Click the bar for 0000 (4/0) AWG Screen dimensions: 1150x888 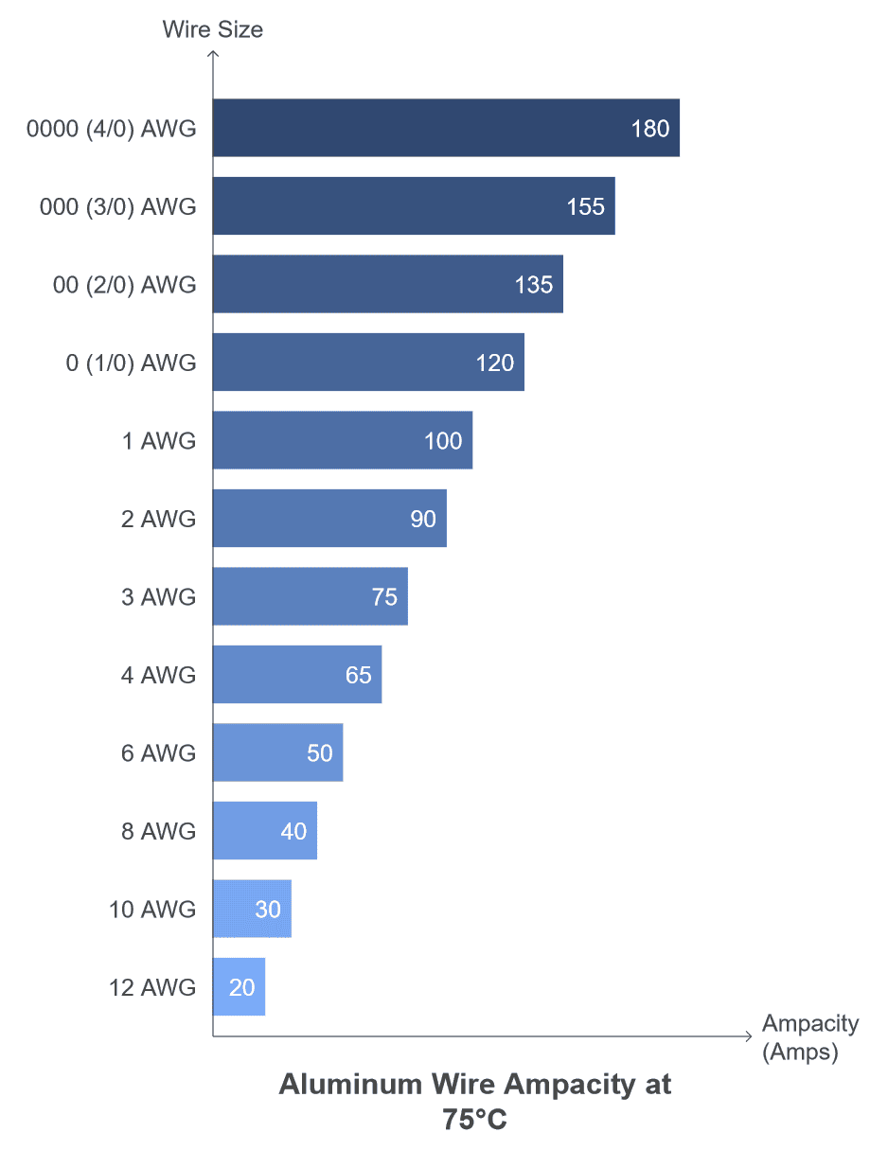(445, 128)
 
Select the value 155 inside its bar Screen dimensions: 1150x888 (585, 206)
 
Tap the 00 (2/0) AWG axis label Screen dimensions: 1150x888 (125, 284)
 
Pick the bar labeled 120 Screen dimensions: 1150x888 (367, 363)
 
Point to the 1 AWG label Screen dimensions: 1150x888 (158, 440)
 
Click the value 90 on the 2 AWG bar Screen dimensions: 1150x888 (423, 519)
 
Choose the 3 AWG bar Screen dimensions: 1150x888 (310, 596)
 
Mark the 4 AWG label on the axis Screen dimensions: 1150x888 (158, 675)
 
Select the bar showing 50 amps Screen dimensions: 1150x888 (277, 752)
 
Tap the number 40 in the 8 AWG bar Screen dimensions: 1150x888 (293, 831)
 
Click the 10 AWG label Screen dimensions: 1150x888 (152, 910)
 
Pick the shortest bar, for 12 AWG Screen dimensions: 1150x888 (239, 987)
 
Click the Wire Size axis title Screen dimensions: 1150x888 (212, 29)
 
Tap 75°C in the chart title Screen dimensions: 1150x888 (474, 1121)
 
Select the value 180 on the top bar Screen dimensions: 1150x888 (650, 129)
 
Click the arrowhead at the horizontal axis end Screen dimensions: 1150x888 (748, 1037)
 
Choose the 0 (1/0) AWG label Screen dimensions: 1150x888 (131, 363)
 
